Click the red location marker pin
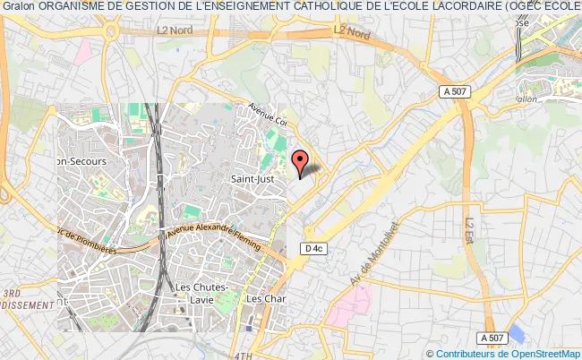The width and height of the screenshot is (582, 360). tap(300, 162)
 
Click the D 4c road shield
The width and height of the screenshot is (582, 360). tap(312, 248)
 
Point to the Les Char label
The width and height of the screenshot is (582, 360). tap(265, 298)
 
